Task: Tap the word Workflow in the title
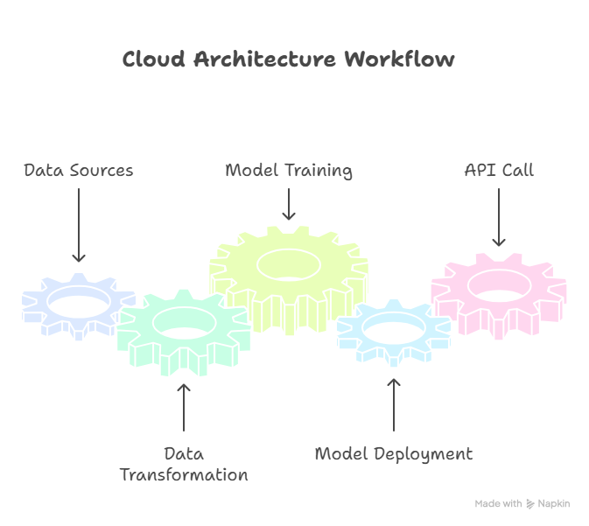[x=399, y=60]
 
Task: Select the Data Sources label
[x=79, y=170]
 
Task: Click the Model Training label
[x=289, y=170]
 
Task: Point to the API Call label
[x=499, y=170]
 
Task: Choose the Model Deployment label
[x=393, y=453]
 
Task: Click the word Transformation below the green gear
[x=184, y=475]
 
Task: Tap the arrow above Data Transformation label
[x=184, y=407]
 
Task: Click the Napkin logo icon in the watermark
[x=529, y=504]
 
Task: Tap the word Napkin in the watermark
[x=554, y=504]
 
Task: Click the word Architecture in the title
[x=265, y=60]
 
